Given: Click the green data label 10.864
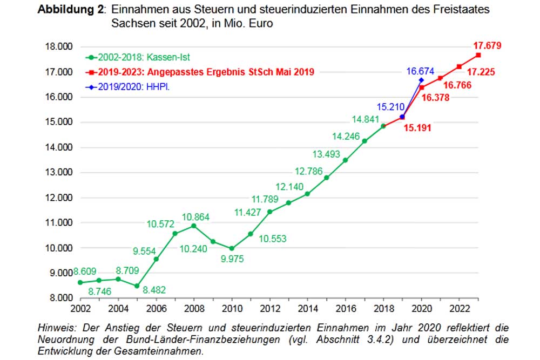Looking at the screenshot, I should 195,217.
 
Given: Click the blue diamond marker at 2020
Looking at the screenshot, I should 421,80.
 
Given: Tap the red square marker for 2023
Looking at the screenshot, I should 478,56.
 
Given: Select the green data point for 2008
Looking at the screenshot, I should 194,226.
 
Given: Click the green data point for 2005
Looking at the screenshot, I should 137,286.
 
